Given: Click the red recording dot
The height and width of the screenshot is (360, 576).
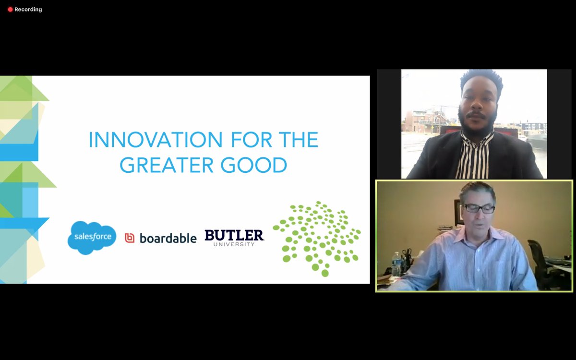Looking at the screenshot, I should coord(10,10).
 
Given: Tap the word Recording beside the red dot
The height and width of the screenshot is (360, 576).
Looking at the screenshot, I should coord(28,10).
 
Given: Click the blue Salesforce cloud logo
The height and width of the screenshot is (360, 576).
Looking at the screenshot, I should coord(92,237).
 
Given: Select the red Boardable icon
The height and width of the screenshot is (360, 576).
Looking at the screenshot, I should coord(130,238).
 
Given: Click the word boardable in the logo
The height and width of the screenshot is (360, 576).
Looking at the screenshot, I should coord(168,238).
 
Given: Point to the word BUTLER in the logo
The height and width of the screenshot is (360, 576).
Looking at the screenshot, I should coord(234,235).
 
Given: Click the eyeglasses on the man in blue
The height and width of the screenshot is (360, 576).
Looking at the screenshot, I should coord(479,208).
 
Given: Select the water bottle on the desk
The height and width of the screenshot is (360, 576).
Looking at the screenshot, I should coord(396,264).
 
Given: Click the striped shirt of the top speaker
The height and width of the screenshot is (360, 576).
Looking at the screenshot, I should coord(473,156).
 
